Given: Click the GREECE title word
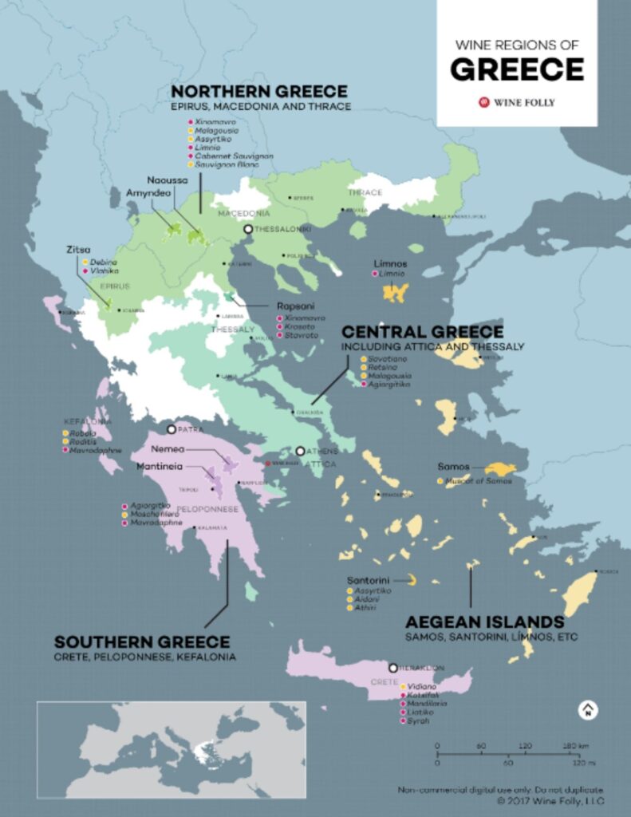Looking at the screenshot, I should pos(516,69).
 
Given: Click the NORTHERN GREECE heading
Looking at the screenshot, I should pos(259,92).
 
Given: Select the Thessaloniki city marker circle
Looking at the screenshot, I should pos(248,229).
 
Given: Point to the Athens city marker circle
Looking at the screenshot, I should pos(301,451).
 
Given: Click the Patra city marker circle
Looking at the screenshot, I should pos(171,428).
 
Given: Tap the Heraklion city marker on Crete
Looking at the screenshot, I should pos(392,667).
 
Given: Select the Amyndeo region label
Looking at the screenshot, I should pos(145,193).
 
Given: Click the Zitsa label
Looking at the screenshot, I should pos(77,250).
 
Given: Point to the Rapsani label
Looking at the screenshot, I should pos(290,305).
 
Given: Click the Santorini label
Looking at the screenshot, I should pos(368,579).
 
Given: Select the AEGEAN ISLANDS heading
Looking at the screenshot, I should pos(484,622).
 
